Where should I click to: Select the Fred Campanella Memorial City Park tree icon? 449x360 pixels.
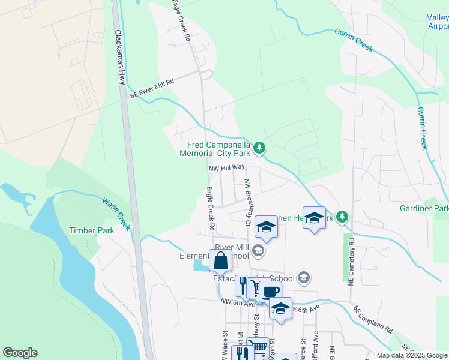click(259, 147)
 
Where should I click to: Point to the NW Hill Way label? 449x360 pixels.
click(226, 169)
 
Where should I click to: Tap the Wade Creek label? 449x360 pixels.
click(116, 214)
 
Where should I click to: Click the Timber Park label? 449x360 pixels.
click(91, 230)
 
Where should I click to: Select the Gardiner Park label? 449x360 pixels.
click(424, 208)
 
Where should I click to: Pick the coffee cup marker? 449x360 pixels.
click(271, 292)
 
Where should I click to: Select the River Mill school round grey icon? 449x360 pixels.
click(258, 250)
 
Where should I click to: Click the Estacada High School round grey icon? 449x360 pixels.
click(304, 277)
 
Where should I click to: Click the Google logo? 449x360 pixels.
click(20, 353)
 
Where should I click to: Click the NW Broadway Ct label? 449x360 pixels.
click(247, 202)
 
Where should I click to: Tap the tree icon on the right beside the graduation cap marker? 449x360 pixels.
click(342, 216)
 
